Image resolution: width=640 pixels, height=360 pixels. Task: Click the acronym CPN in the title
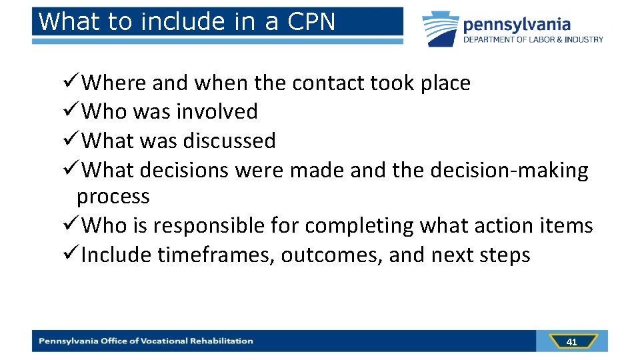coord(312,21)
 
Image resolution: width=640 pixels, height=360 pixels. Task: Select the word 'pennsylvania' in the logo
coord(517,25)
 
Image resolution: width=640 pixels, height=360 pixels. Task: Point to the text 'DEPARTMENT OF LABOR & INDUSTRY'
coord(533,39)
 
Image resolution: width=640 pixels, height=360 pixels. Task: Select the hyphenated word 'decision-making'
coord(509,170)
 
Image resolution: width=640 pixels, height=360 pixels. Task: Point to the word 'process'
coord(113,197)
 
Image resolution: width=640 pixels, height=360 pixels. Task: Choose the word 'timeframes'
coord(215,255)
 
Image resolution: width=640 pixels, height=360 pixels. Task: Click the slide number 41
coord(571,341)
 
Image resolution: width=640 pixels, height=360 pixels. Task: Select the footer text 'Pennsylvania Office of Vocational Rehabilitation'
coord(146,341)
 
